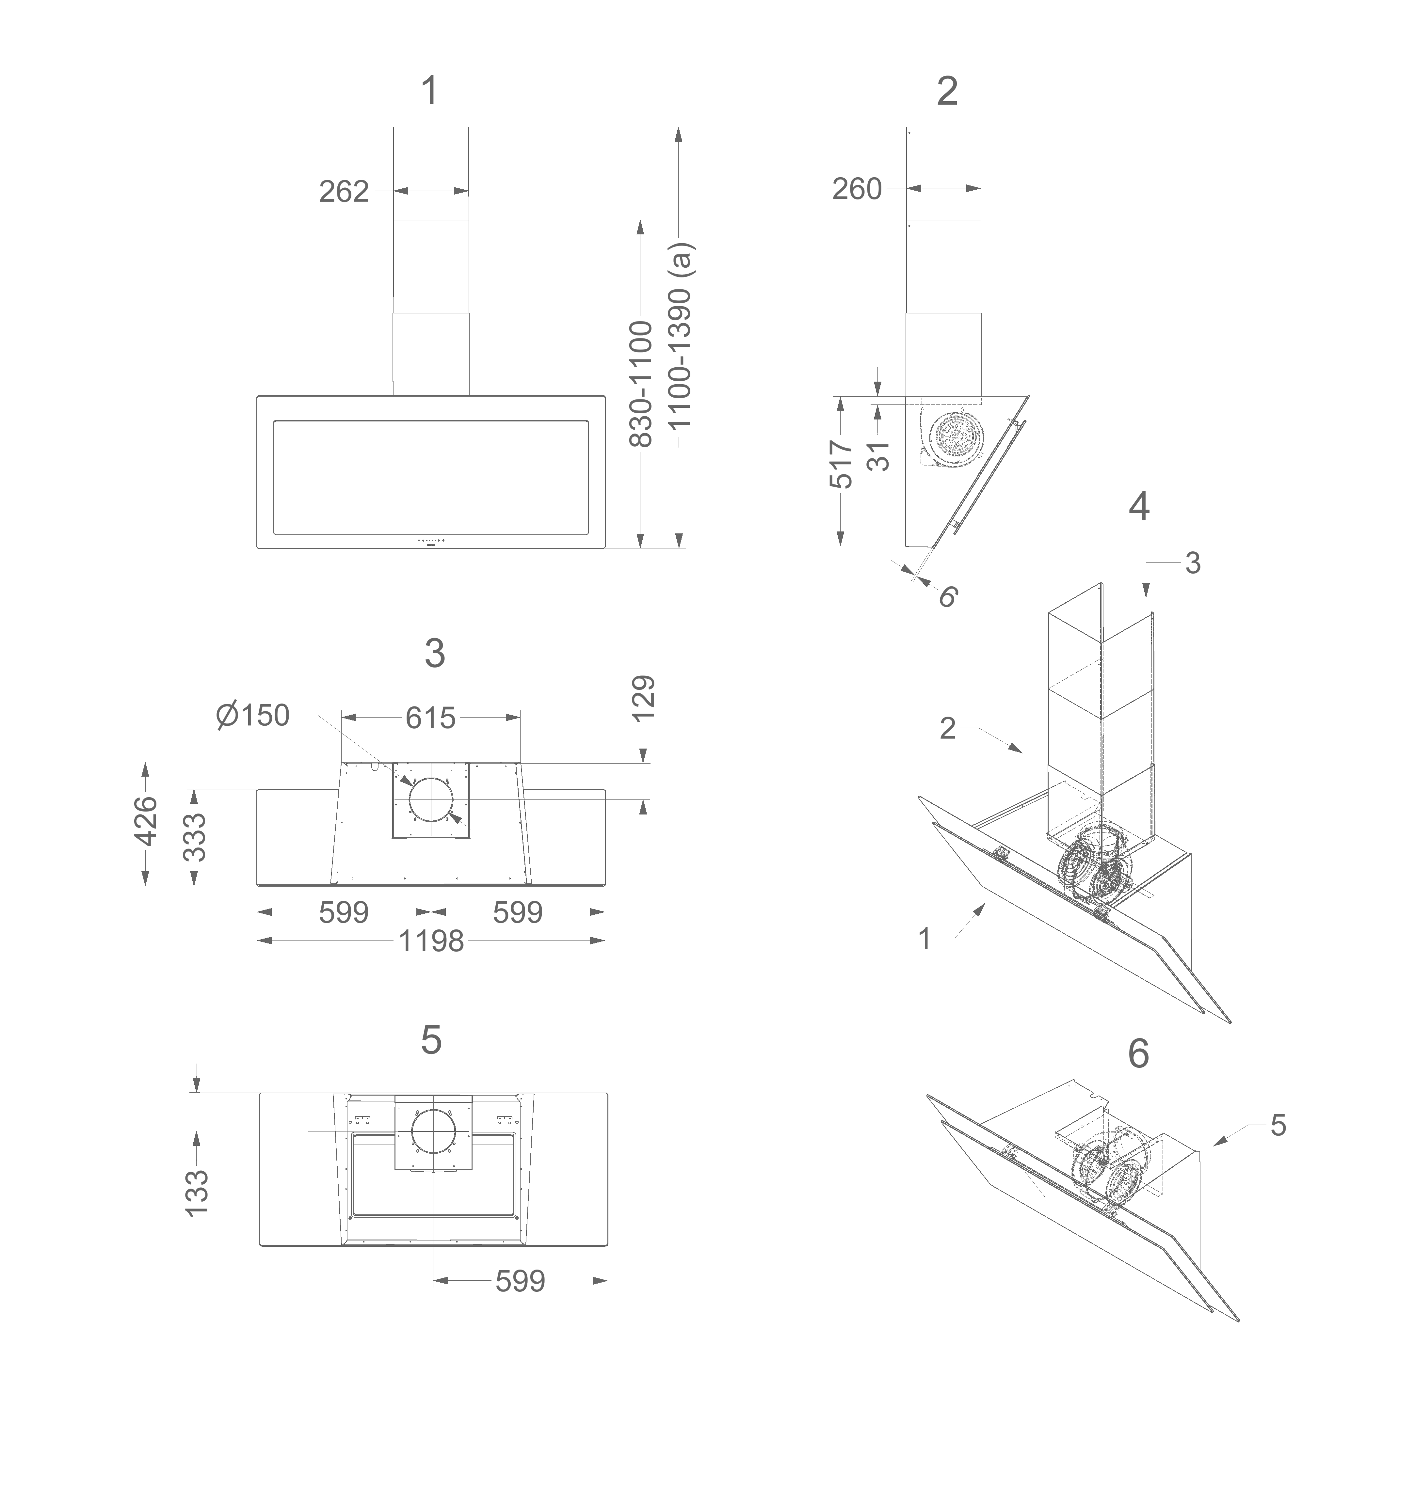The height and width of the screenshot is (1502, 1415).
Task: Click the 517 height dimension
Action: pyautogui.click(x=841, y=464)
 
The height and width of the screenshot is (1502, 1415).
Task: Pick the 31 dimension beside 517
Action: pyautogui.click(x=879, y=456)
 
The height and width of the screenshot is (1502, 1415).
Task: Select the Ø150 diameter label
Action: pyautogui.click(x=252, y=715)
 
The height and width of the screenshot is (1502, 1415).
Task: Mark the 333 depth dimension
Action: pyautogui.click(x=195, y=837)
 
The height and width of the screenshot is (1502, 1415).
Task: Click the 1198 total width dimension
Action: pyautogui.click(x=431, y=941)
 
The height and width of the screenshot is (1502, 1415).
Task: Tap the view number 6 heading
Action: pyautogui.click(x=1138, y=1053)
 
